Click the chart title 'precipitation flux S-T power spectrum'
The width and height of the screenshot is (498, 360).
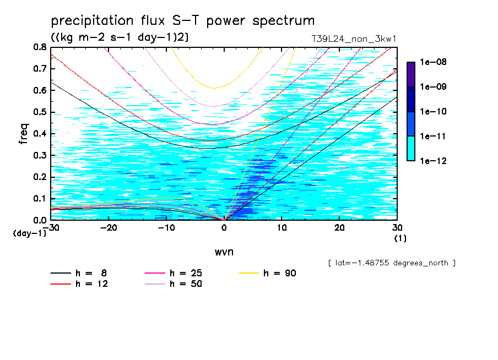(182, 21)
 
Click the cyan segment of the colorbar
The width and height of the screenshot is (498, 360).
(411, 148)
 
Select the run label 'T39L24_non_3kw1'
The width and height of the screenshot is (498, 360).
(354, 39)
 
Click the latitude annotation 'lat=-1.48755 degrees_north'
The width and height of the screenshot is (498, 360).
(391, 263)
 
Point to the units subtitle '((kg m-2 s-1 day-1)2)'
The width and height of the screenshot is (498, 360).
(120, 37)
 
